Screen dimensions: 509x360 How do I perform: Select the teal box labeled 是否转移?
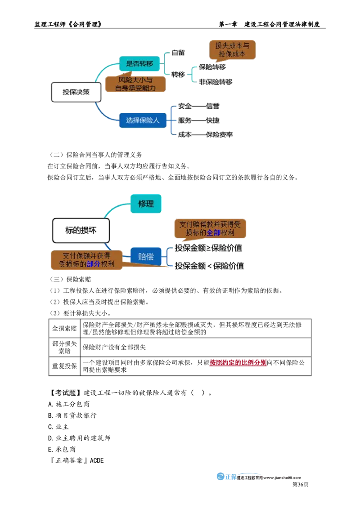tap(139, 64)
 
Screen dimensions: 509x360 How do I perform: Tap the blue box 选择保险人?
tap(143, 121)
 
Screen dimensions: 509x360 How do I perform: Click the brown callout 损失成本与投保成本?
tap(232, 49)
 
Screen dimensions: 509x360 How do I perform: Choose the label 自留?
tap(178, 53)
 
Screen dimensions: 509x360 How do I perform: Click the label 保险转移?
tap(212, 67)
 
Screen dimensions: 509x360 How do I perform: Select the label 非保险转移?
tap(216, 82)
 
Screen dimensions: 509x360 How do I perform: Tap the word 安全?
tap(184, 106)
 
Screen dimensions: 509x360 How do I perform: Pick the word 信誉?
tap(212, 106)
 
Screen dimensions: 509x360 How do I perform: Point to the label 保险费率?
tap(219, 134)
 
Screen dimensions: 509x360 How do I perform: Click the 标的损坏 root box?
tap(81, 230)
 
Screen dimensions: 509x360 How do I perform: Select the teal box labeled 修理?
tap(146, 204)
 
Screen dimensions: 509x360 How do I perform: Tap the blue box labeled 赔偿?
tap(145, 257)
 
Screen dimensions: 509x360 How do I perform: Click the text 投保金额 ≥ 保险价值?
tap(210, 248)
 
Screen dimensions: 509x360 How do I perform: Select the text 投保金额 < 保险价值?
tap(210, 266)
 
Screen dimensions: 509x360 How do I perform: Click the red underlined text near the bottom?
tap(238, 362)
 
